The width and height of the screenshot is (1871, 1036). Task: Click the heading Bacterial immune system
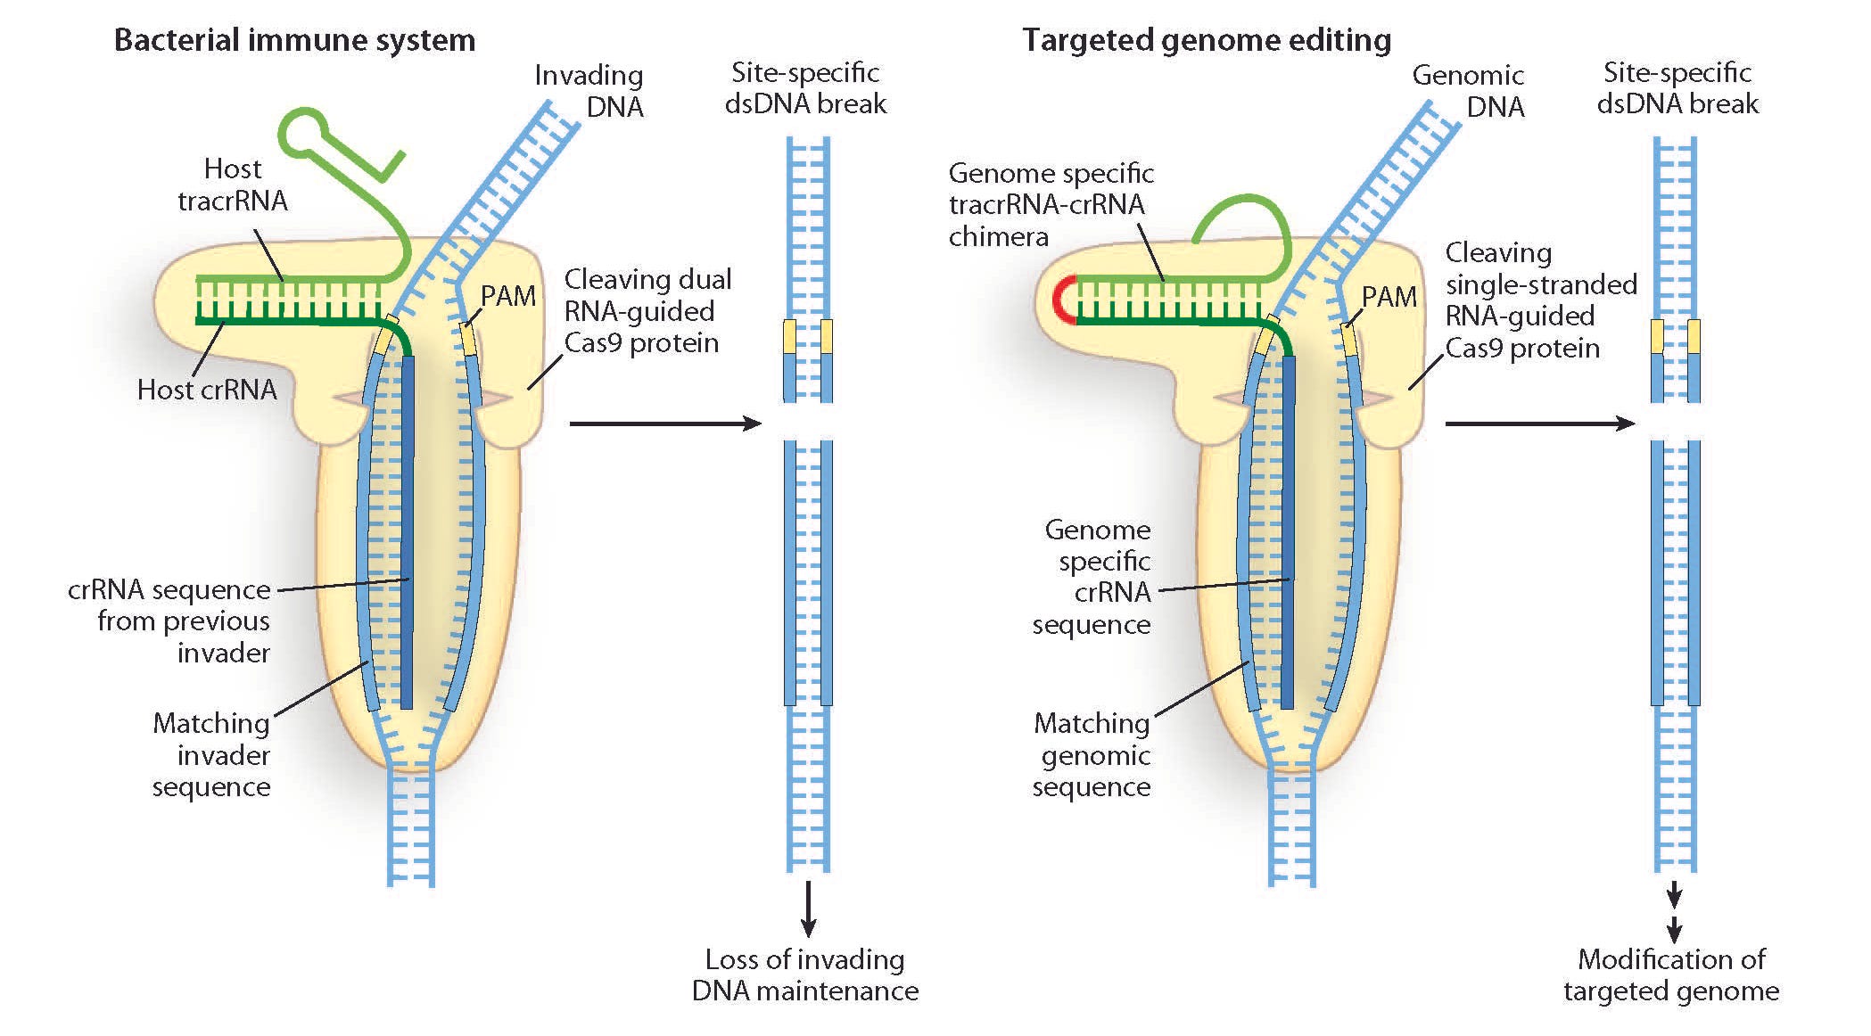tap(294, 41)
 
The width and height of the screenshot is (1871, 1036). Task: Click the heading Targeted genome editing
tap(1206, 41)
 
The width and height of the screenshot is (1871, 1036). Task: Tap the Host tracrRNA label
tap(233, 185)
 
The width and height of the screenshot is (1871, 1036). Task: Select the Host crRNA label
tap(207, 390)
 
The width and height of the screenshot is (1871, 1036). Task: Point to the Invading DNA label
tap(589, 91)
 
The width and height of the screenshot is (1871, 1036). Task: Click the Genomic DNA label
tap(1468, 91)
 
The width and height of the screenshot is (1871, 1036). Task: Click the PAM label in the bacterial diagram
tap(508, 296)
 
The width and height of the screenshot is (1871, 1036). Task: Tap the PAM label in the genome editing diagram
tap(1389, 296)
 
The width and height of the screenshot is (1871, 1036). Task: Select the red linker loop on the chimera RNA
tap(1065, 299)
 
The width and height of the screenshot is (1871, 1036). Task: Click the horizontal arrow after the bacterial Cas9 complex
tap(665, 423)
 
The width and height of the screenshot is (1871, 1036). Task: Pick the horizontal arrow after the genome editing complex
tap(1540, 423)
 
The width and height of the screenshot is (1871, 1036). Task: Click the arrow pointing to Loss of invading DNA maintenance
tap(808, 909)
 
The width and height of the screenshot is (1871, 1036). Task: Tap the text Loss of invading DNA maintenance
tap(805, 975)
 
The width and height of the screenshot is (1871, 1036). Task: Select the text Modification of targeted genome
tap(1671, 975)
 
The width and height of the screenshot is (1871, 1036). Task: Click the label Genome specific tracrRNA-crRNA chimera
tap(1051, 204)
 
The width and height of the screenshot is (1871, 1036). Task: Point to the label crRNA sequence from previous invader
tap(169, 621)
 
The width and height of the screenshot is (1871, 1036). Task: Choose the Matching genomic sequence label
tap(1092, 754)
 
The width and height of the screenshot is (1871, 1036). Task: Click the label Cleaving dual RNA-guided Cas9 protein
tap(647, 311)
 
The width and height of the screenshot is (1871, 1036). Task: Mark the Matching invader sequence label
tap(211, 754)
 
